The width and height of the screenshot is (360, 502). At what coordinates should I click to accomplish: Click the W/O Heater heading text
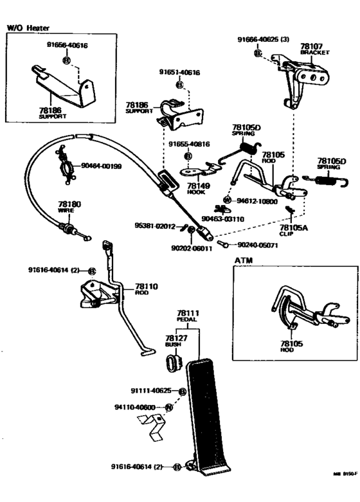point(28,28)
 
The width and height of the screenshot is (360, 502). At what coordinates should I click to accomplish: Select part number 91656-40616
point(67,46)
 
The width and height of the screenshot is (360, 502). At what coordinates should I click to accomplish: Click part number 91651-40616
point(179,73)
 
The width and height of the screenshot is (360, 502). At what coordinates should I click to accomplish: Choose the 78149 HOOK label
point(195,188)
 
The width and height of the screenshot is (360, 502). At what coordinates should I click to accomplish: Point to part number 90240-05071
point(260,245)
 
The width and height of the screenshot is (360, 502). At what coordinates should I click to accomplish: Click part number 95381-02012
point(155,226)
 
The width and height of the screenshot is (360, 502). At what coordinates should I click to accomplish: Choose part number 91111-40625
point(151,391)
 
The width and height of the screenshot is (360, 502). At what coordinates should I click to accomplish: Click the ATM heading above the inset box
point(243,260)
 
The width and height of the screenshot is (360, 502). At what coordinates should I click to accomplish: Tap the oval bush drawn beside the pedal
point(173,364)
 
